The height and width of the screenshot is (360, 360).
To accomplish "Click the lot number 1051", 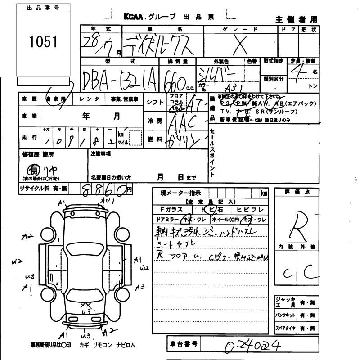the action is point(44,41).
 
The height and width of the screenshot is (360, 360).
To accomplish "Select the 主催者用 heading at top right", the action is point(296,19).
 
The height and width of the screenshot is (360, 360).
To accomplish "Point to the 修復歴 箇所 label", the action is point(38,154).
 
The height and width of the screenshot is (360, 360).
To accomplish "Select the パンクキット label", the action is point(285,315).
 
